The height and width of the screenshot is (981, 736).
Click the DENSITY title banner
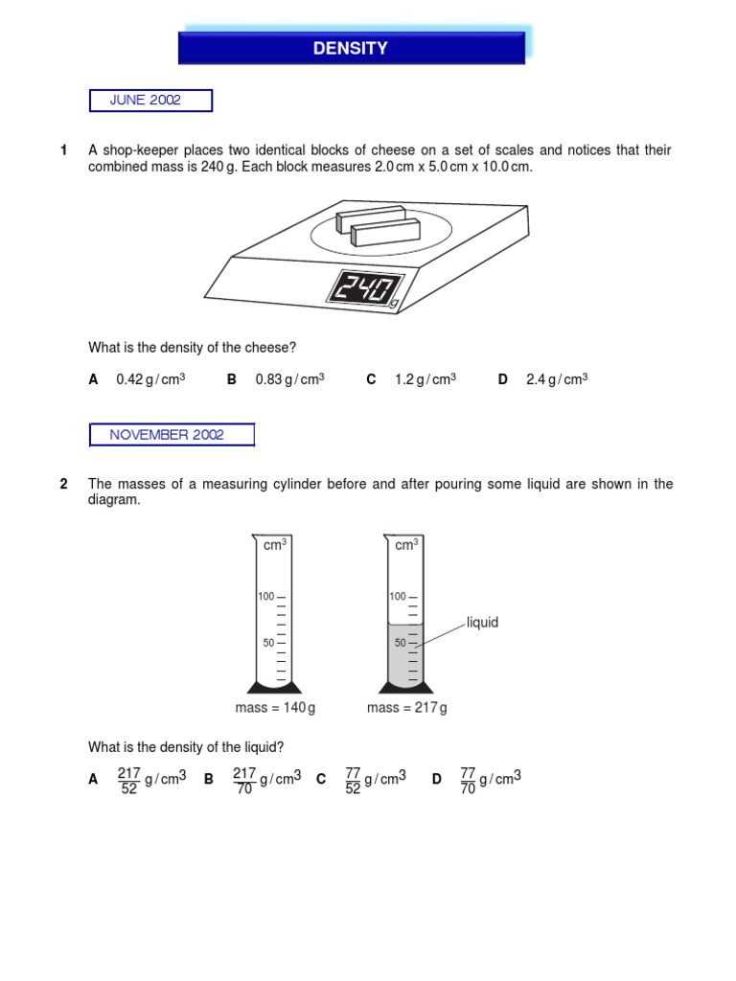(351, 48)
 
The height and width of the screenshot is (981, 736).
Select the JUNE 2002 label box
(150, 101)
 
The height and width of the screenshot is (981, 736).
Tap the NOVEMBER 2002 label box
(172, 435)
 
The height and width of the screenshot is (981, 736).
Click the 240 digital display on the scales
(366, 289)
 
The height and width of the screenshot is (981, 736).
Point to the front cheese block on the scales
(385, 232)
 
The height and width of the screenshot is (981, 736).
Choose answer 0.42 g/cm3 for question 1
(149, 379)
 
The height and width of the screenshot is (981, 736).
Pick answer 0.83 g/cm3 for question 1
(289, 379)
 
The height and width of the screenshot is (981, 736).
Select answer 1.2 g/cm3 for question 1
(425, 379)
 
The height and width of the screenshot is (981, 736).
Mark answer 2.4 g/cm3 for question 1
(556, 379)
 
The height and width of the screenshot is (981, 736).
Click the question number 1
(64, 150)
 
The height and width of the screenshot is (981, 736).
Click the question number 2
(64, 484)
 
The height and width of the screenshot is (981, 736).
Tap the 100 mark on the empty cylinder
(265, 596)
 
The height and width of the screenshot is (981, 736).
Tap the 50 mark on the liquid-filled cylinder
(401, 643)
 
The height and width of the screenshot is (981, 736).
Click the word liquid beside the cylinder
(483, 623)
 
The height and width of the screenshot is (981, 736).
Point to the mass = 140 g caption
(275, 708)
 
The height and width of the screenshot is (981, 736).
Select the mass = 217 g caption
(407, 708)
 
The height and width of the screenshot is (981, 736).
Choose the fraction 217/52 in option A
(128, 781)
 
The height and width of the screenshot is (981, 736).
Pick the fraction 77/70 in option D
(468, 781)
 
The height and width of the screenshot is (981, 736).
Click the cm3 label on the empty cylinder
(275, 544)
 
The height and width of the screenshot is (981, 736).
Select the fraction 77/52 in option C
(353, 781)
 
